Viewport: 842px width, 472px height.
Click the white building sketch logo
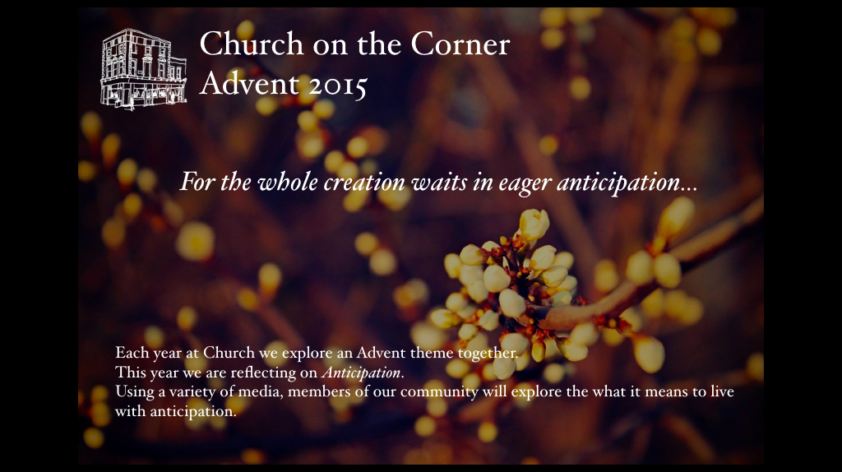pos(143,69)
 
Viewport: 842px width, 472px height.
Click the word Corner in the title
pos(460,44)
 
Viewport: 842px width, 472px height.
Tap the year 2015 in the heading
pos(338,85)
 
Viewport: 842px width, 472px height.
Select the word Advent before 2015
pos(249,84)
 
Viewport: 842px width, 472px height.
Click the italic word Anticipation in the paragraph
pos(361,373)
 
